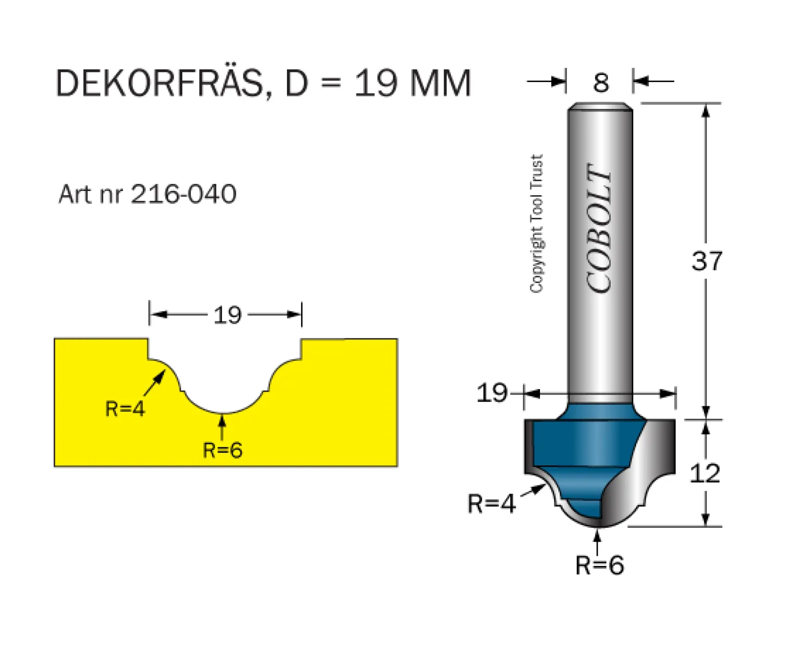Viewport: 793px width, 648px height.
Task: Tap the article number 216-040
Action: tap(183, 194)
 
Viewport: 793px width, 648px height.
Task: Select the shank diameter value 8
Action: tap(601, 83)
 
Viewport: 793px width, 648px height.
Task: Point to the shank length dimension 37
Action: tap(707, 261)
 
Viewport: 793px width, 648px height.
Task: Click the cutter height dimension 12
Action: tap(705, 473)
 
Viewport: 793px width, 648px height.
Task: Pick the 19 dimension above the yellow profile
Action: tap(228, 315)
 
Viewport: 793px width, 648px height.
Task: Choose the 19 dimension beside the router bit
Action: tap(492, 393)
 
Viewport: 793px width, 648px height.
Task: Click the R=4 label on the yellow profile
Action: tap(125, 409)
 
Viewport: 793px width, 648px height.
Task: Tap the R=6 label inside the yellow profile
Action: tap(223, 450)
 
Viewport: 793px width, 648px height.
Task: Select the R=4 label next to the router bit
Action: tap(491, 503)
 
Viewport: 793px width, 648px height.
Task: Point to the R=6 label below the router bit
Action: tap(600, 565)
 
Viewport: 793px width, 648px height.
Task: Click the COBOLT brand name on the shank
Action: tap(599, 228)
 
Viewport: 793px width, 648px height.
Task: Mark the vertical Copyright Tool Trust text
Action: tap(537, 223)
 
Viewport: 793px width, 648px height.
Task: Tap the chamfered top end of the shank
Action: tap(600, 106)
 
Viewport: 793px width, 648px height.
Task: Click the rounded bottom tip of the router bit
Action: tap(600, 526)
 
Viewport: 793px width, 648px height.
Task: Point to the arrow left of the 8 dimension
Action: tap(545, 81)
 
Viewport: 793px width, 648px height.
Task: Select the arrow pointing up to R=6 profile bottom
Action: tap(222, 426)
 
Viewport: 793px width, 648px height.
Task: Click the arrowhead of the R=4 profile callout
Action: tap(161, 376)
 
